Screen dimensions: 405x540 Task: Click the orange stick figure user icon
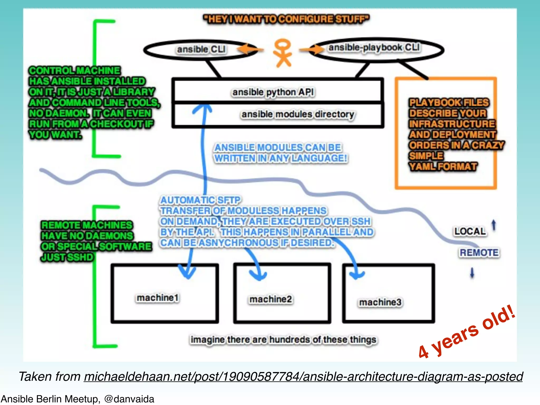(283, 53)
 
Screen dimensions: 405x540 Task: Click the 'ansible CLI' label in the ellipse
(201, 49)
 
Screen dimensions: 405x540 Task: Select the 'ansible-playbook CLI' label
(374, 48)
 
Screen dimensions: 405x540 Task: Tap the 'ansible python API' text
(273, 92)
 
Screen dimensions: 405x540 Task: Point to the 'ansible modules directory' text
(298, 114)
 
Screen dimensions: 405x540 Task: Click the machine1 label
(158, 298)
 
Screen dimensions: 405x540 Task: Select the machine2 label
(271, 299)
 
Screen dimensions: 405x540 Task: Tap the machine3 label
(380, 302)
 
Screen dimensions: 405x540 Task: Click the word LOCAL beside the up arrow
(470, 232)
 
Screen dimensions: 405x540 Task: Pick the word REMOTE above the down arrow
(479, 253)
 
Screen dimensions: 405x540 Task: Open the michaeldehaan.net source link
(303, 377)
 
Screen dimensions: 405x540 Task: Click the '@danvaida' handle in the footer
(129, 399)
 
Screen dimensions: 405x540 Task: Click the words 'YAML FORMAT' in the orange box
(443, 167)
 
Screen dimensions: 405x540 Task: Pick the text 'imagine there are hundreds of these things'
(283, 340)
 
